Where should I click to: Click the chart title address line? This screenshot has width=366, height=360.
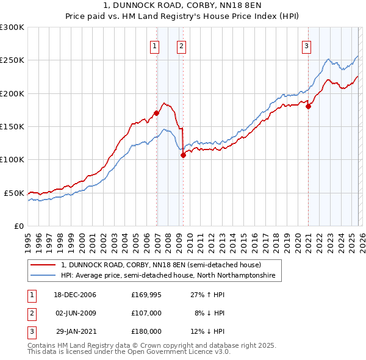click(x=183, y=5)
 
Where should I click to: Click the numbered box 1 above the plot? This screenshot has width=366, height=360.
click(x=155, y=45)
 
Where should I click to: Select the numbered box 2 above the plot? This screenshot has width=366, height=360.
click(x=182, y=45)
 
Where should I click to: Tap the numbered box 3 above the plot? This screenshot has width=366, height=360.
click(x=306, y=45)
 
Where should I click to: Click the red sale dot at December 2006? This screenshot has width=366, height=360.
click(x=157, y=113)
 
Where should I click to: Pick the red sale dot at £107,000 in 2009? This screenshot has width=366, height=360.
click(x=183, y=155)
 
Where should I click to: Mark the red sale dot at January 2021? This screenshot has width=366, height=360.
click(x=309, y=106)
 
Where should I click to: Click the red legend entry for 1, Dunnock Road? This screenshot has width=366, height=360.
click(x=161, y=265)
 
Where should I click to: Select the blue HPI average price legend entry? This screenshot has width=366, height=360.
click(x=168, y=276)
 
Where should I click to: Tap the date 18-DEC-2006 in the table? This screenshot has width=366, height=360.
click(x=75, y=295)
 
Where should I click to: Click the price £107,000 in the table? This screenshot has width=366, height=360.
click(x=146, y=312)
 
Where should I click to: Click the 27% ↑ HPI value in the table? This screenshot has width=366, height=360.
click(x=207, y=295)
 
